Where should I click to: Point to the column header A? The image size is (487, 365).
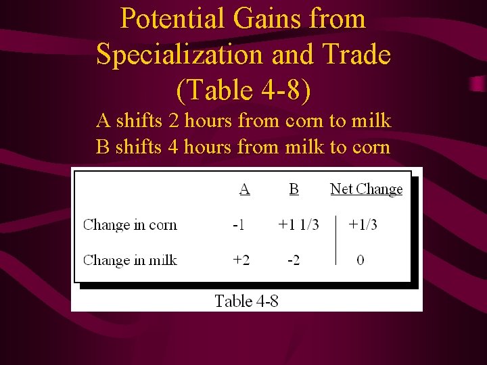pyautogui.click(x=244, y=189)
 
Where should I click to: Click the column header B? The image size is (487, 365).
pyautogui.click(x=294, y=189)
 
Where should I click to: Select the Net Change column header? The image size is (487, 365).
pyautogui.click(x=366, y=189)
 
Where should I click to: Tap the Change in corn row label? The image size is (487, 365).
pyautogui.click(x=130, y=224)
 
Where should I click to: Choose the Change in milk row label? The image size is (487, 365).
pyautogui.click(x=130, y=260)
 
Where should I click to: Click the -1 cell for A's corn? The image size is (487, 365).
pyautogui.click(x=239, y=224)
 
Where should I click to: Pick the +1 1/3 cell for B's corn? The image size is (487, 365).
pyautogui.click(x=298, y=224)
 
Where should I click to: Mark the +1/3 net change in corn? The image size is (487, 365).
pyautogui.click(x=363, y=224)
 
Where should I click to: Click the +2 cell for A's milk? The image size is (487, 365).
pyautogui.click(x=241, y=260)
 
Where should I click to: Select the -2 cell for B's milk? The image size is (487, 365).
pyautogui.click(x=293, y=260)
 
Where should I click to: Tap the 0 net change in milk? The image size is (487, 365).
pyautogui.click(x=360, y=260)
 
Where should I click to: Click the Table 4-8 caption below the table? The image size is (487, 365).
pyautogui.click(x=246, y=301)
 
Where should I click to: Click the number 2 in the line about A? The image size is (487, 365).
pyautogui.click(x=174, y=122)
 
